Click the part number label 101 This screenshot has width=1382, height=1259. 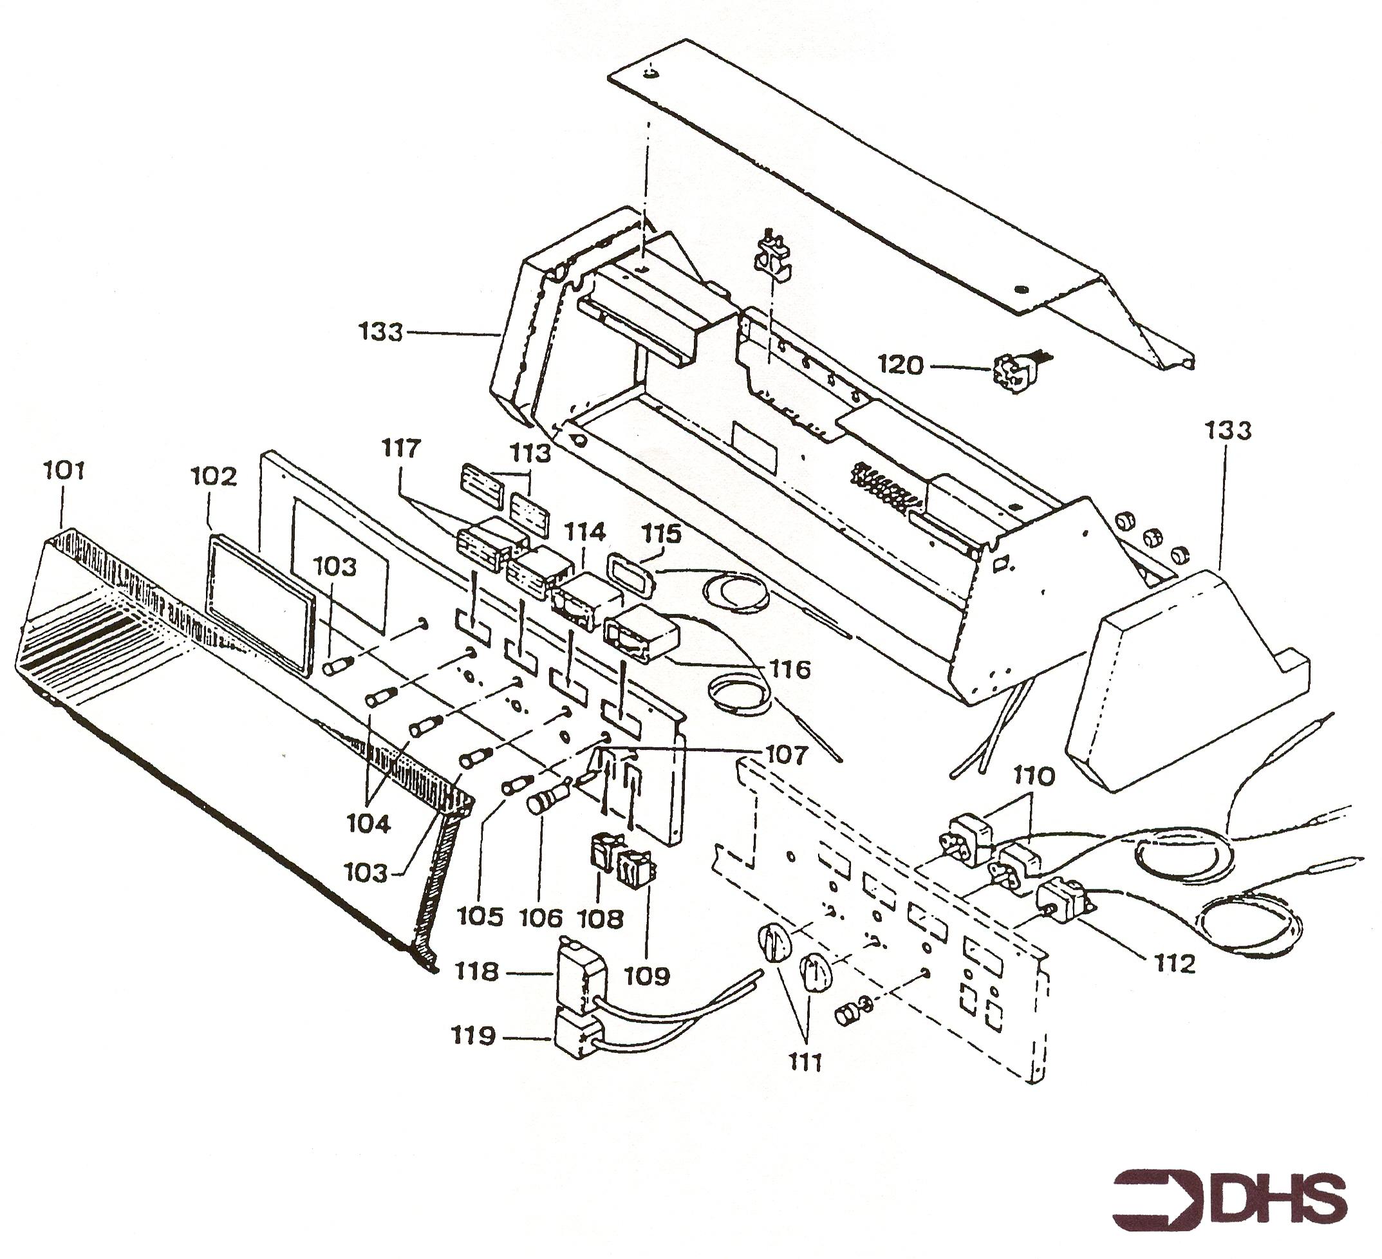coord(64,471)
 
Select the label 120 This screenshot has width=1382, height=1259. coord(901,366)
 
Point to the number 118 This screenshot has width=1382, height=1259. coord(477,972)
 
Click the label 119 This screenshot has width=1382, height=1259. coord(473,1036)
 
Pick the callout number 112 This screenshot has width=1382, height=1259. coord(1174,964)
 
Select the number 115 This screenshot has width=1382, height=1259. coord(662,534)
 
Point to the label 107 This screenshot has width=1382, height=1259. coord(787,754)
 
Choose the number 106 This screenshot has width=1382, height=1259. coord(541,918)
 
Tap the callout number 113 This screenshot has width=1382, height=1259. coord(532,452)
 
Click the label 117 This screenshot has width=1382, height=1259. coord(400,449)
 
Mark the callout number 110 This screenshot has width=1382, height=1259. coord(1034,776)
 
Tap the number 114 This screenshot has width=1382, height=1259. coord(584,532)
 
